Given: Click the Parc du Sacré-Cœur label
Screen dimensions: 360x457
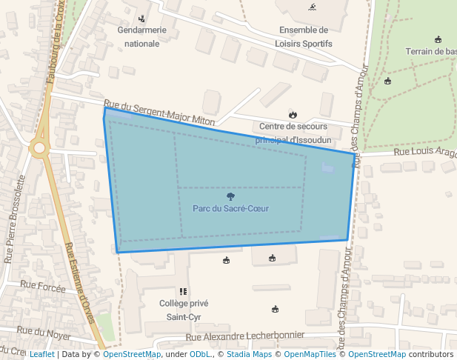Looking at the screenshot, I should (x=230, y=208).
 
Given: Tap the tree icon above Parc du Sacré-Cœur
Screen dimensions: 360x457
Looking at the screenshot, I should (x=230, y=196).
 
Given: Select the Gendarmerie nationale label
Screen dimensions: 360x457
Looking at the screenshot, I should (x=142, y=37).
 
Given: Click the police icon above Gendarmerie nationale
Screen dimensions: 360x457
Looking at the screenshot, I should (x=142, y=19).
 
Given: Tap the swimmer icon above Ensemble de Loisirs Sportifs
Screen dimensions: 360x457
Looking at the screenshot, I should (x=312, y=7).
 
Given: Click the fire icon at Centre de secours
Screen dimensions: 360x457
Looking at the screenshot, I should (x=293, y=114).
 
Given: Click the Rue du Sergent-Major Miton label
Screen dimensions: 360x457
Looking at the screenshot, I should (x=159, y=113).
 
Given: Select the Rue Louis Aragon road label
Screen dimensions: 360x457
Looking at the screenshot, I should (x=424, y=151).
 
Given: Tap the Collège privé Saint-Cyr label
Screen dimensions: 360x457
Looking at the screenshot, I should (x=184, y=310).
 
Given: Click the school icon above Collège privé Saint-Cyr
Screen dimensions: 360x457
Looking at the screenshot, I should (x=183, y=292).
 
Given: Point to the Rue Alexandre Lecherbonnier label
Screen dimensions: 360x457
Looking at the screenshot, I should (x=245, y=336).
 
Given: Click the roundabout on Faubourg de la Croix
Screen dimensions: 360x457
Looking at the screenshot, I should (x=39, y=148).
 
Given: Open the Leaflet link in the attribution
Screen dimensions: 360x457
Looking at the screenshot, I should (x=41, y=354).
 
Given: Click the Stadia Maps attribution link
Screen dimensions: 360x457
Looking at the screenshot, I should (x=249, y=354).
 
